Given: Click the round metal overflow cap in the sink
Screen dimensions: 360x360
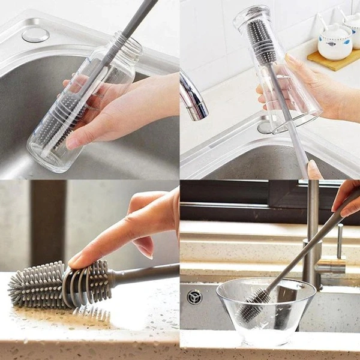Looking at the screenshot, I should click(x=35, y=34).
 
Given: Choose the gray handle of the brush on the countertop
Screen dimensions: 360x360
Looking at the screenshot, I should click(x=147, y=273).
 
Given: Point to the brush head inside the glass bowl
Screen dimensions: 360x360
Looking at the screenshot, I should click(x=255, y=302).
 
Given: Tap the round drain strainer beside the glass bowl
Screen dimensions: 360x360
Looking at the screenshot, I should click(x=194, y=297).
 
